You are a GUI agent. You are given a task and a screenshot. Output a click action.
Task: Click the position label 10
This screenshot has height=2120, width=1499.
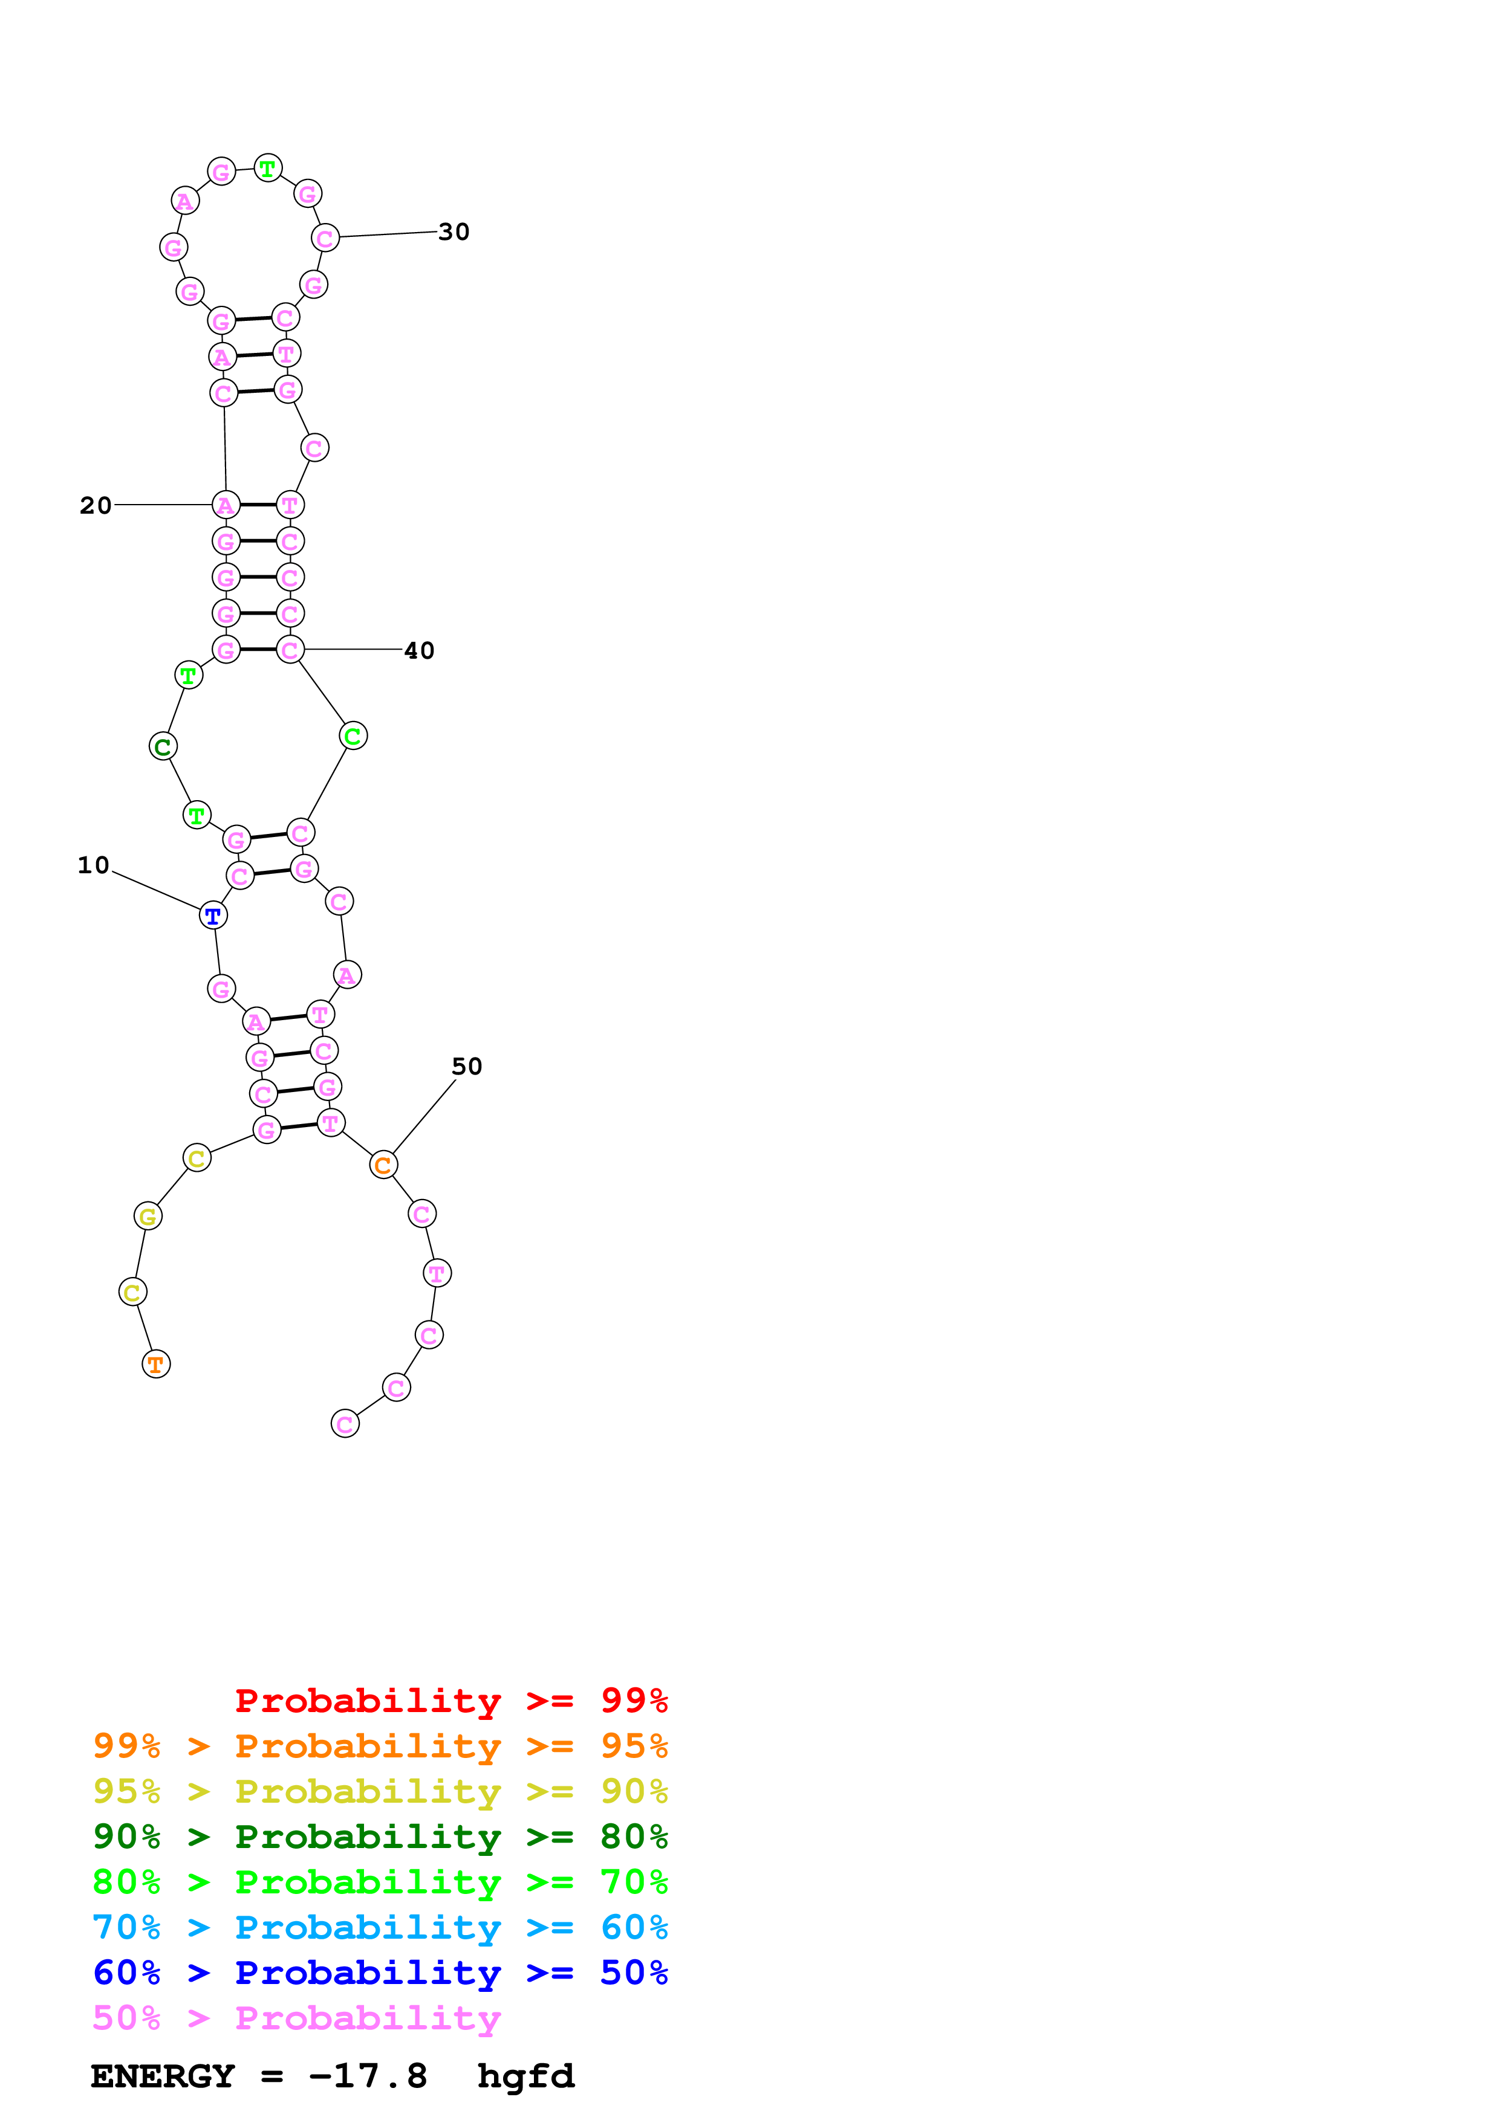point(93,865)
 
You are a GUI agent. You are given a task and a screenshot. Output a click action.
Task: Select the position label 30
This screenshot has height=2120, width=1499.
point(454,231)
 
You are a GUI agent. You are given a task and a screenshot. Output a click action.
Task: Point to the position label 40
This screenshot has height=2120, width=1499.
point(419,650)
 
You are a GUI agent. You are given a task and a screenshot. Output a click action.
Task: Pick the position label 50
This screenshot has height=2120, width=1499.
point(466,1067)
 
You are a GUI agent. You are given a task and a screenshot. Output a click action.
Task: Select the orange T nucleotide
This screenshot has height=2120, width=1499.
point(156,1364)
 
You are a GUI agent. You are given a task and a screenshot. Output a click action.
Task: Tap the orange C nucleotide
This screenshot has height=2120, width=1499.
point(383,1165)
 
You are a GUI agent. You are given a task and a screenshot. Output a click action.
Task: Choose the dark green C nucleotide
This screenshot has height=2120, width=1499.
point(163,746)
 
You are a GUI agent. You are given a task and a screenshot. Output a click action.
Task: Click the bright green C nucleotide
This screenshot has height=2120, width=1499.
point(353,736)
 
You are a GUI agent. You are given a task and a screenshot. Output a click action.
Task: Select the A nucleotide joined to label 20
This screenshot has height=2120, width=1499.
point(226,505)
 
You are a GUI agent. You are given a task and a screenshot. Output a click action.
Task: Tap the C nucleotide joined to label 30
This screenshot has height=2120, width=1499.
point(325,238)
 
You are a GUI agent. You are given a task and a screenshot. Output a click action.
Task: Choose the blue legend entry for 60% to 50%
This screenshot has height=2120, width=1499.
point(380,1973)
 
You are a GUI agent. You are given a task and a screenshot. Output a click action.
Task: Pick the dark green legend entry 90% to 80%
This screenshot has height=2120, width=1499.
point(380,1837)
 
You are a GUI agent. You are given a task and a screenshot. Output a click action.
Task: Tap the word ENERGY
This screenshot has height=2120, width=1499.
point(163,2076)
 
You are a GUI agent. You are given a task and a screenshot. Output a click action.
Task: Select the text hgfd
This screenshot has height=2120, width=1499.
point(525,2076)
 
